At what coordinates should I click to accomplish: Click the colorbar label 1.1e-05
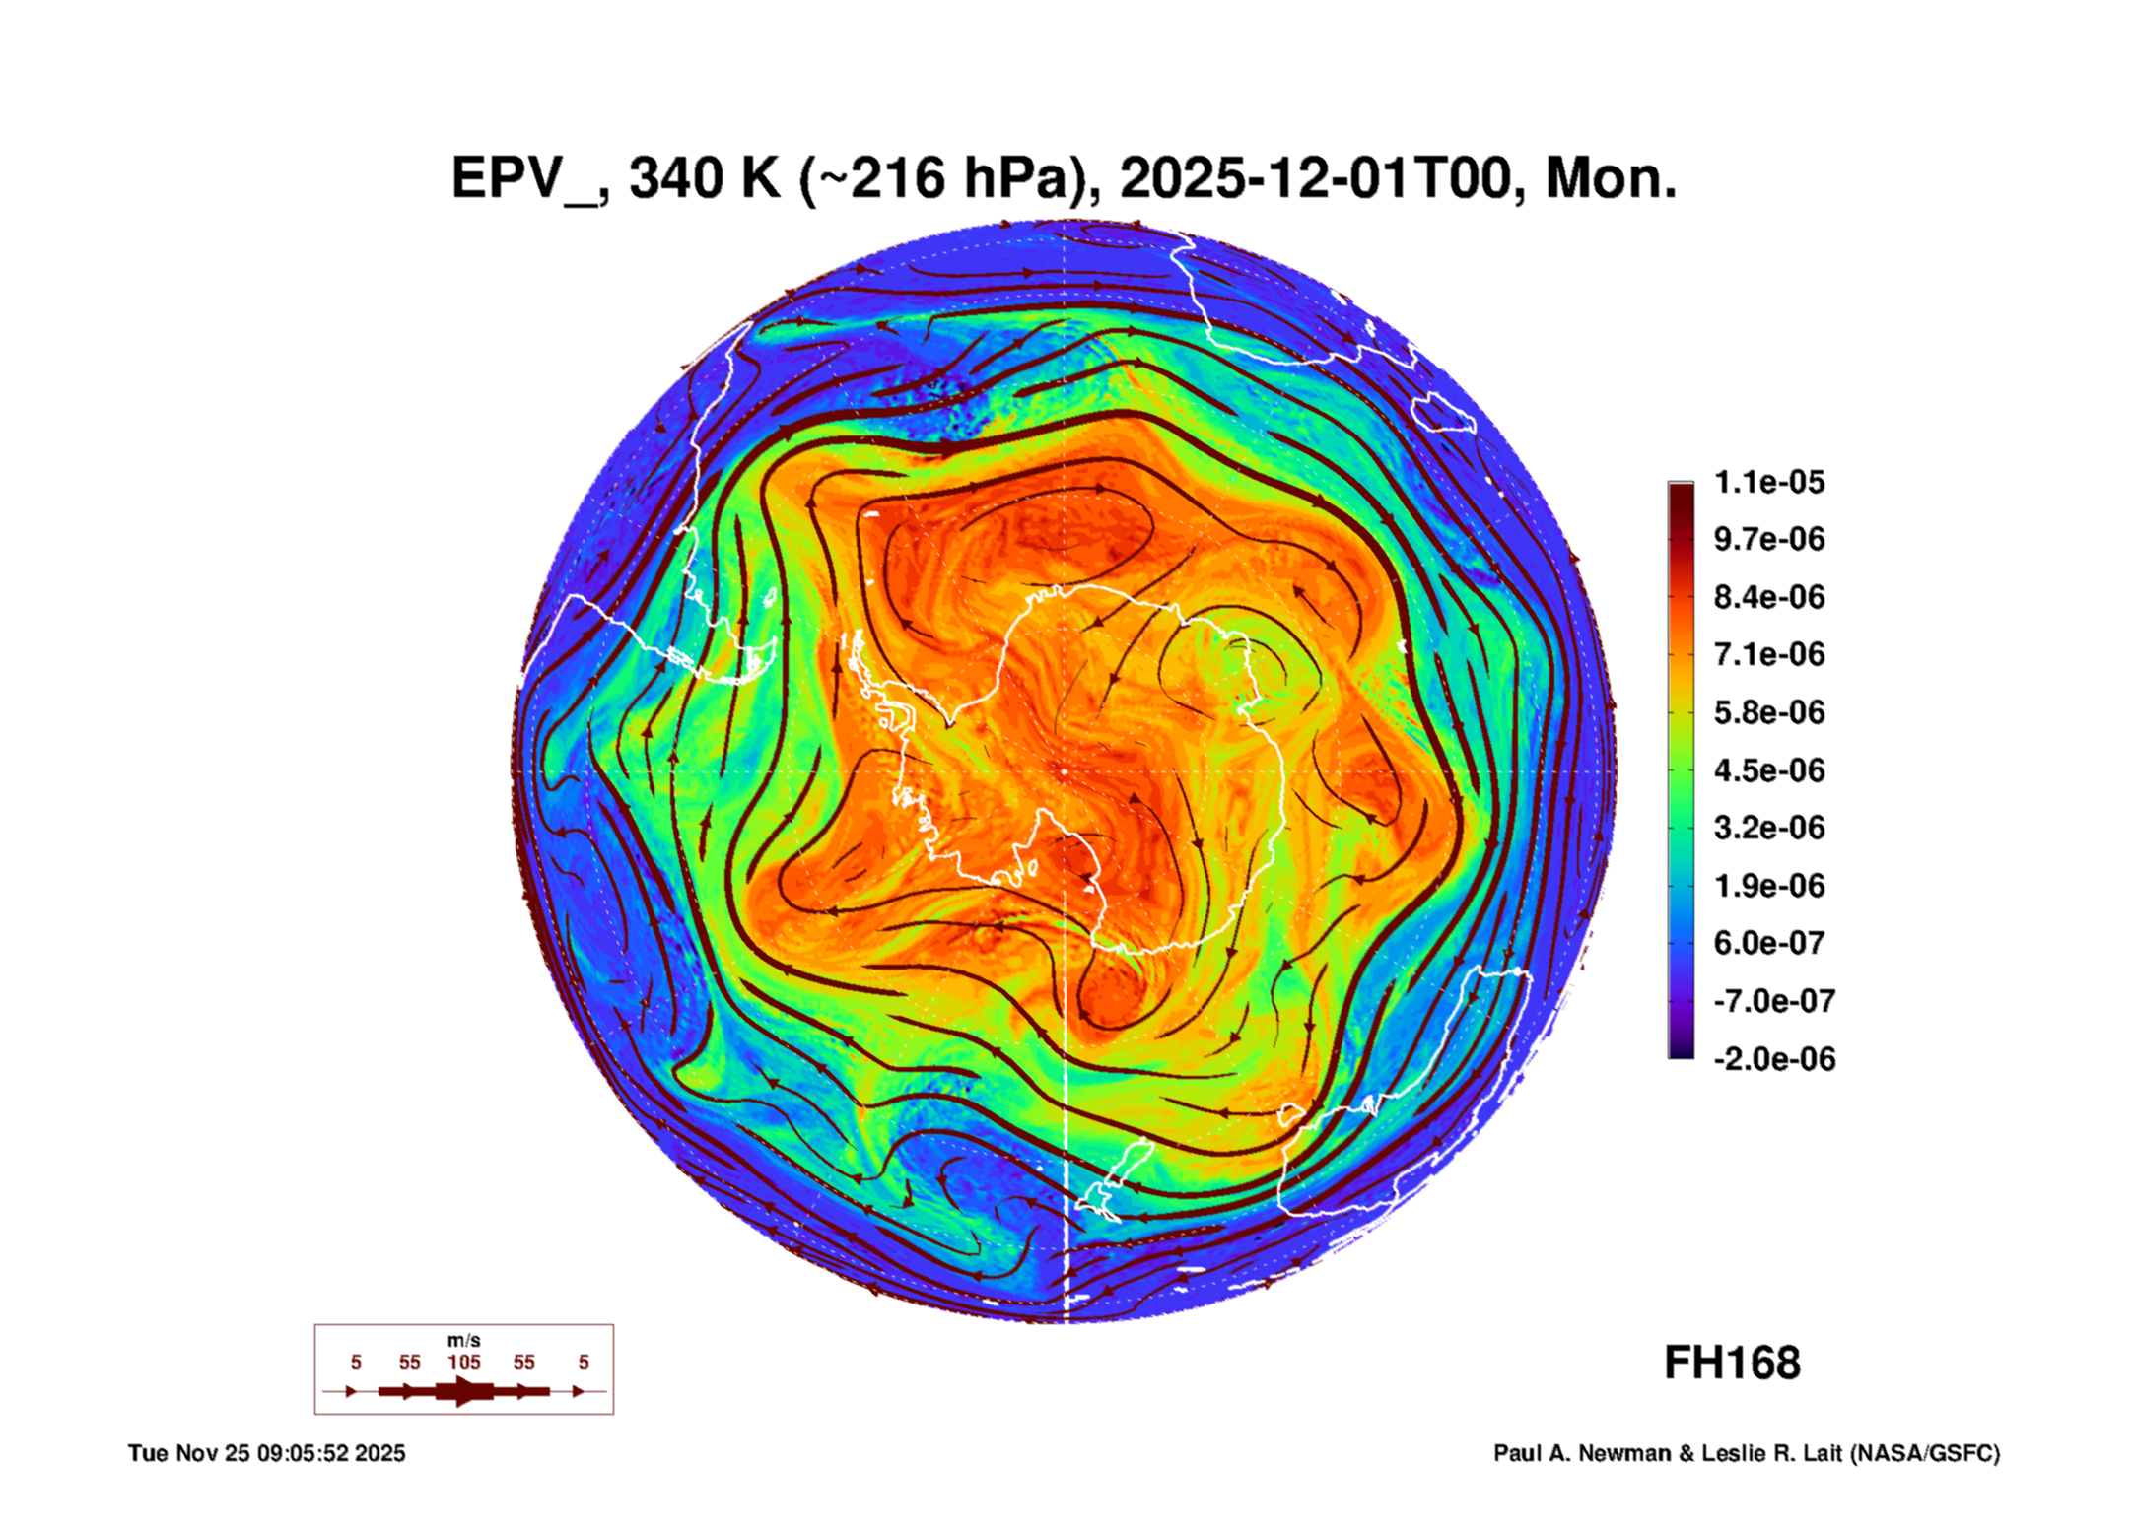[1768, 482]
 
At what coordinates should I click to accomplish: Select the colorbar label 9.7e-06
[1768, 539]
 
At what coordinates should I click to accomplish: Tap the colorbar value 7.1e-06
[1768, 654]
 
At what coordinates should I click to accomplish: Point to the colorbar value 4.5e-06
[1768, 769]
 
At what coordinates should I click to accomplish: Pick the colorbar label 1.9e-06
[1768, 885]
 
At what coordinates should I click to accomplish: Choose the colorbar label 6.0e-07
[1768, 943]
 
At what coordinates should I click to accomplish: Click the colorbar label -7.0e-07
[1773, 1001]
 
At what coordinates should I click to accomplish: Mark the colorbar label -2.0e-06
[1773, 1059]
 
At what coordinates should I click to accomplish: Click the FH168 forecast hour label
[1732, 1363]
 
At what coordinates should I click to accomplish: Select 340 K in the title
[704, 179]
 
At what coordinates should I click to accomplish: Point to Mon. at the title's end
[1611, 179]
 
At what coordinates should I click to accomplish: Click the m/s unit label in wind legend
[463, 1340]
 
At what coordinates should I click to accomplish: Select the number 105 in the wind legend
[463, 1362]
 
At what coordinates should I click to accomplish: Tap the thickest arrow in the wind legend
[463, 1391]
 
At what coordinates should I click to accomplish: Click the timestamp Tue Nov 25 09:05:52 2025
[266, 1453]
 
